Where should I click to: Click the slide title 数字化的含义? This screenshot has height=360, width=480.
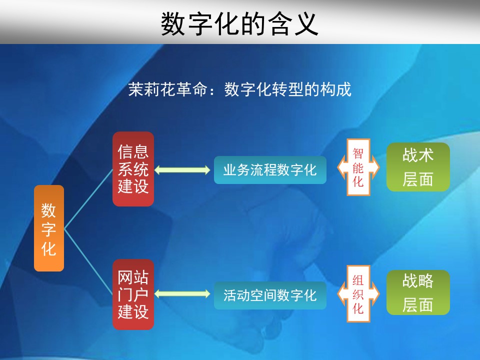pos(239,24)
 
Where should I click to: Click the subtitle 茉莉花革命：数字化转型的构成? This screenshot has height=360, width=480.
pos(239,89)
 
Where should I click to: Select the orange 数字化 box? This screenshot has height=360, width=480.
pos(49,228)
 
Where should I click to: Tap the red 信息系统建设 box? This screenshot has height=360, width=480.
pos(133,169)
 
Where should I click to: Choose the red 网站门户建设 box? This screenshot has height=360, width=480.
pos(133,294)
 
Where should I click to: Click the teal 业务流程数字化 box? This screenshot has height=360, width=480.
pos(270,170)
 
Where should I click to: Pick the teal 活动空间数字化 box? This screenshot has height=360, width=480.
pos(270,295)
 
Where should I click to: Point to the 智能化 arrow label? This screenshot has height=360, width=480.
pos(358,167)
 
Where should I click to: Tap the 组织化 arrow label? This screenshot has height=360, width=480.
pos(358,294)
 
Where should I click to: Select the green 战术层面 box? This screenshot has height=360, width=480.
pos(418,167)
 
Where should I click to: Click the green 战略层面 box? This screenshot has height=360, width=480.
pos(418,292)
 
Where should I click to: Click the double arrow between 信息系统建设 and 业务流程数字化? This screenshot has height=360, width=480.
pos(182,170)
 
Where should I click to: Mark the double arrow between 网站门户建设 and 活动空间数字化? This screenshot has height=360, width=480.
pos(182,294)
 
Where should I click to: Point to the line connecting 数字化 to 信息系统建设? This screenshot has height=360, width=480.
pos(88,199)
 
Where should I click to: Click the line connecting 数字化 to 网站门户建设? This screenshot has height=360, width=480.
pos(88,262)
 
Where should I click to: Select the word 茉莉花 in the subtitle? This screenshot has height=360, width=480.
pos(152,89)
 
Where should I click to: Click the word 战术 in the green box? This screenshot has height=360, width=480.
pos(418,154)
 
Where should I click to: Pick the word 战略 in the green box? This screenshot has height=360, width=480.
pos(418,280)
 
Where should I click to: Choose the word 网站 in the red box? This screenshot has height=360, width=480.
pos(133,277)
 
